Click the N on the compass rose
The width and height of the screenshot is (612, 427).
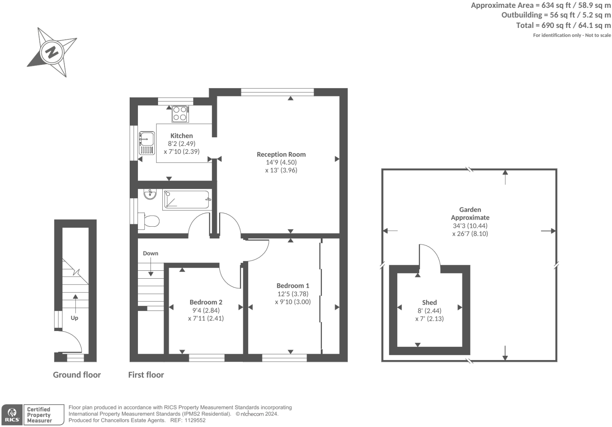tap(52, 52)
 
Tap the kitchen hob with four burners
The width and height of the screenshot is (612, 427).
tap(180, 113)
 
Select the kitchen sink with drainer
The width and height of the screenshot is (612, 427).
tap(147, 143)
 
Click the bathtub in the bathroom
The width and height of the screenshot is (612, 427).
tap(186, 200)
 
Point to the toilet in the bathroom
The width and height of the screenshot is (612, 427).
tap(149, 221)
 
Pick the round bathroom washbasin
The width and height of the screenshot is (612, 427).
tap(150, 194)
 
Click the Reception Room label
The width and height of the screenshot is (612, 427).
tap(281, 154)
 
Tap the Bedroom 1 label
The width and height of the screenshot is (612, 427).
tap(292, 286)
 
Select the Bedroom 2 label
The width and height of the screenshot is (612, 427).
tap(206, 302)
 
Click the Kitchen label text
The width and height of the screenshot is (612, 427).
tap(181, 136)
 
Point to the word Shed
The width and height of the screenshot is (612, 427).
tap(429, 302)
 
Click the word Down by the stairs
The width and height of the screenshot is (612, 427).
tap(151, 253)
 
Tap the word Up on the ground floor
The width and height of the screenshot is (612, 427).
tap(74, 318)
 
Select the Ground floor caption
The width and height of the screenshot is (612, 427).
tap(77, 375)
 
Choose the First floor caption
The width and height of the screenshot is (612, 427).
tap(146, 375)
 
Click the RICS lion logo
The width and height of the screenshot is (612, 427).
tap(12, 415)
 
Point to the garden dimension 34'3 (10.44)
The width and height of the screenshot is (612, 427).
tap(470, 226)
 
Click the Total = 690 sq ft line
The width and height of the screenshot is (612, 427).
tap(563, 25)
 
